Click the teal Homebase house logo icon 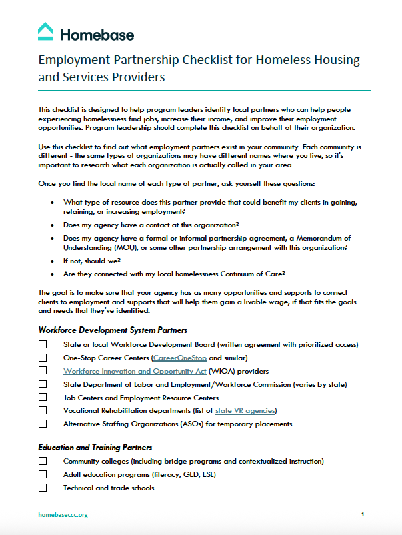tap(45, 31)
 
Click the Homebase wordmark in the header tap(97, 34)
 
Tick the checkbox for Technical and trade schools tap(43, 488)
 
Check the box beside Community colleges tap(43, 461)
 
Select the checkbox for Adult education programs tap(43, 474)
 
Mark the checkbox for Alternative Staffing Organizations tap(43, 424)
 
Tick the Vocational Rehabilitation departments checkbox tap(43, 410)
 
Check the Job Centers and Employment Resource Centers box tap(43, 398)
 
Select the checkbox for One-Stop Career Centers tap(43, 358)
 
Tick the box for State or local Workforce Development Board tap(43, 344)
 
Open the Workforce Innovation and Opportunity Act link tap(135, 371)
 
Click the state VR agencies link tap(245, 410)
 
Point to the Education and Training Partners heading tap(95, 447)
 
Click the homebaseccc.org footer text tap(63, 514)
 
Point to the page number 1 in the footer tap(363, 514)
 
